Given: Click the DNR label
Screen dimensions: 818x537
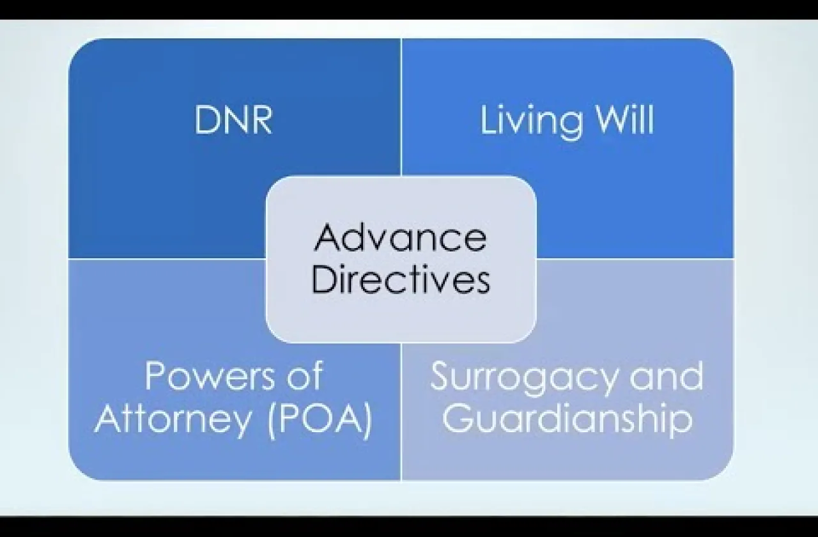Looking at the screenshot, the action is pos(233,120).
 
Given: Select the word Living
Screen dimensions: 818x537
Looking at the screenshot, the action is pos(531,122).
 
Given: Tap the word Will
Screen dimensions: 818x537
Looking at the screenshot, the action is pos(623,119).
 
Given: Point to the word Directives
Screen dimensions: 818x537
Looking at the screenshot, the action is pos(401,279).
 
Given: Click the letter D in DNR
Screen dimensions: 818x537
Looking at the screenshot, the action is pos(206,120).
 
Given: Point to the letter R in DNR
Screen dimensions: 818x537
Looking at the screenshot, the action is pos(262,120).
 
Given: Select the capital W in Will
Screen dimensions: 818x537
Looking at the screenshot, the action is pos(610,120).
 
